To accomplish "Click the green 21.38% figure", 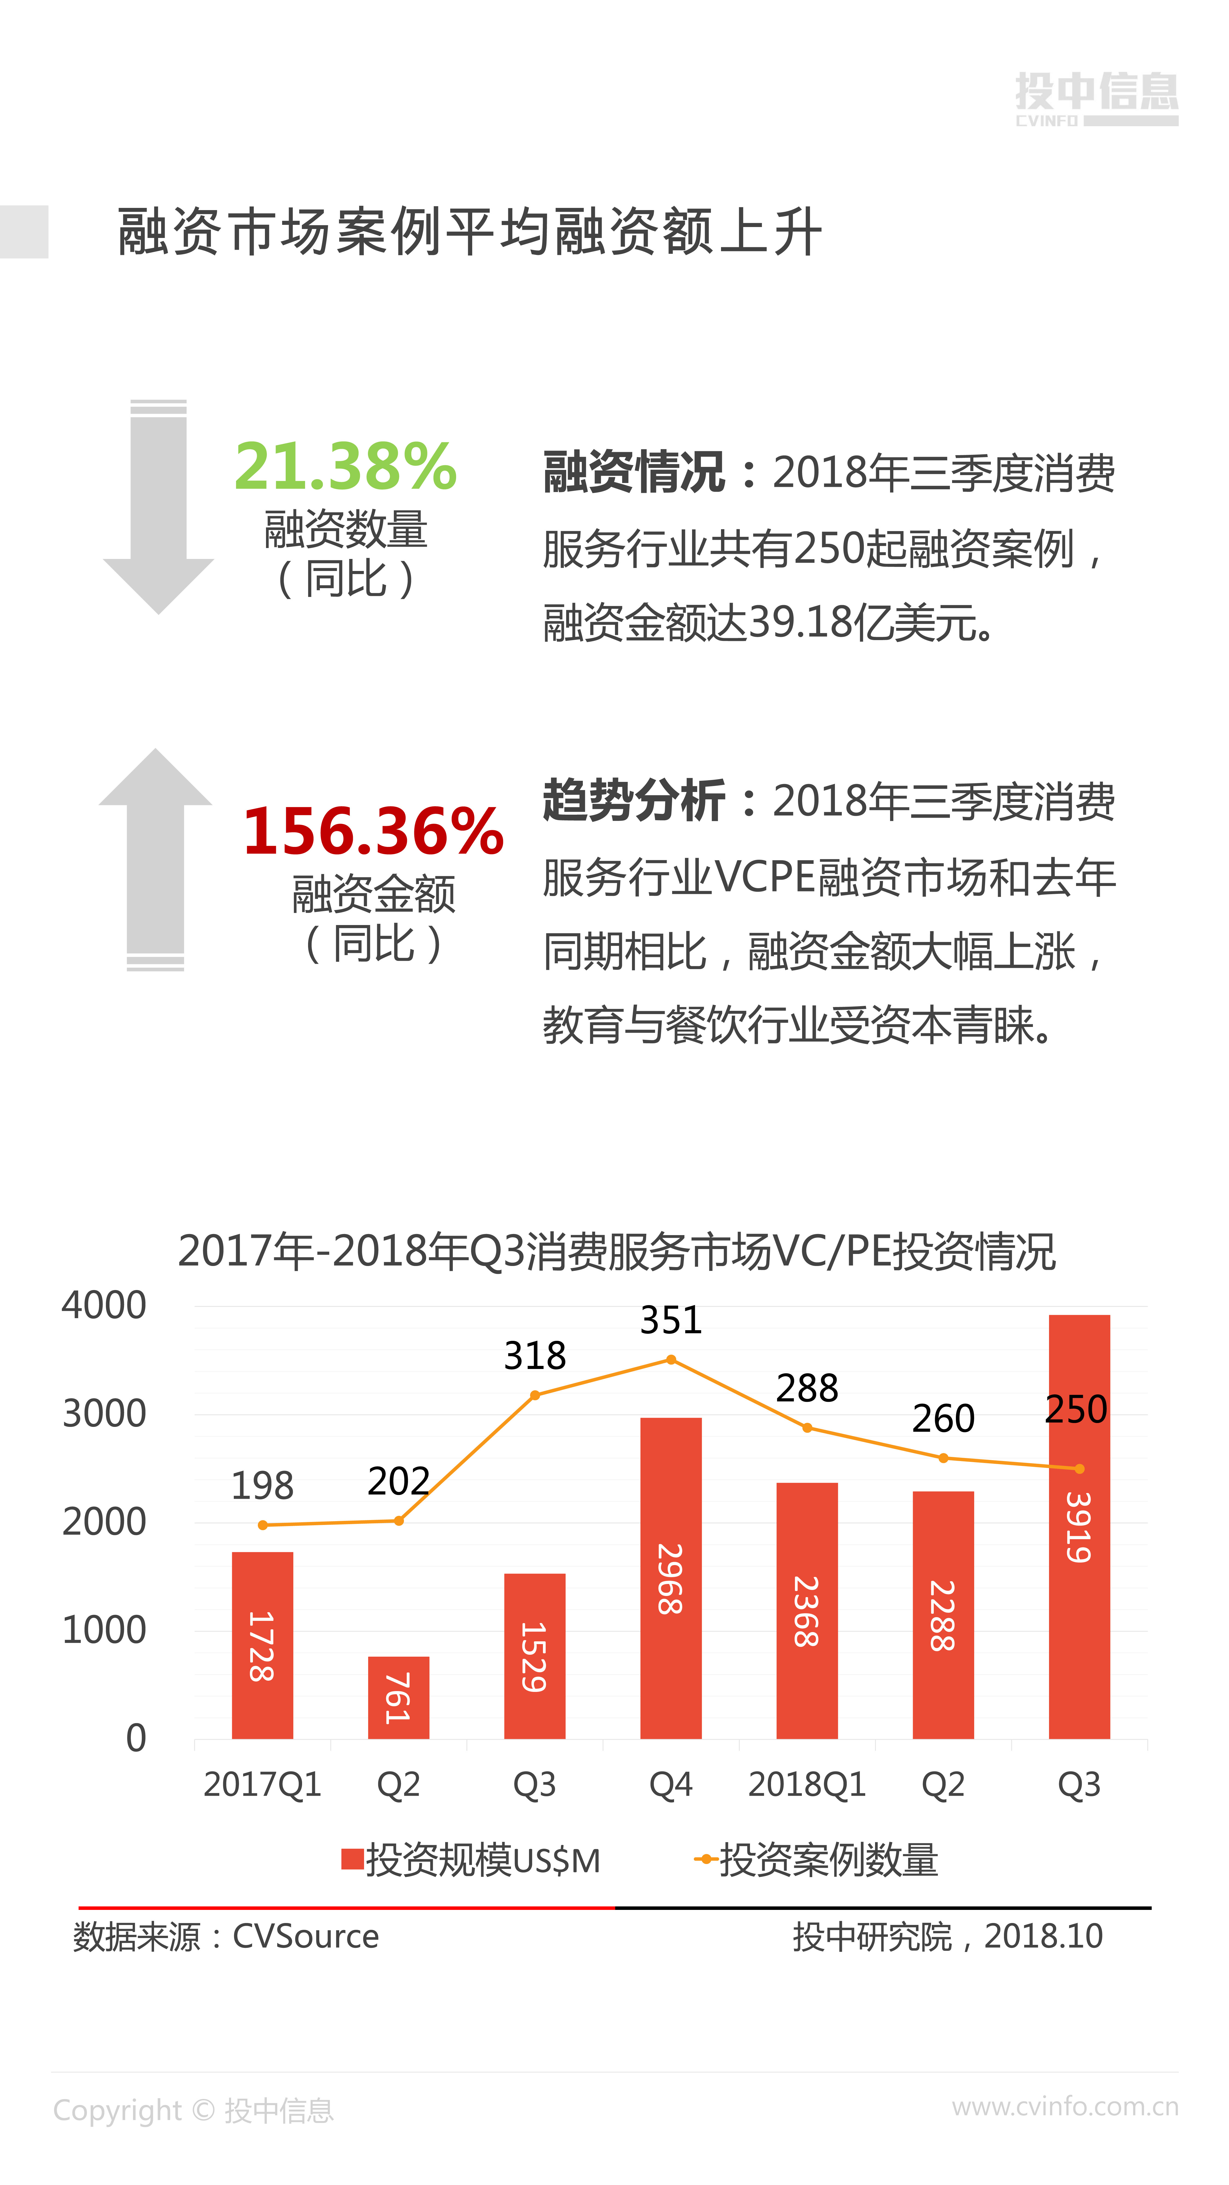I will pos(345,467).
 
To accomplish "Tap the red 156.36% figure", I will pos(373,831).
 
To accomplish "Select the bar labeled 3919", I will pos(1079,1527).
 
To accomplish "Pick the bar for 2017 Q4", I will pos(671,1578).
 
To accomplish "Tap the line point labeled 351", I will pos(671,1360).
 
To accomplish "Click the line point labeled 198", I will pos(263,1525).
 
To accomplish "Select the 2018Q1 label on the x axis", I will pos(806,1785).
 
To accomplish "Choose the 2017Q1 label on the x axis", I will pos(263,1785).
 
